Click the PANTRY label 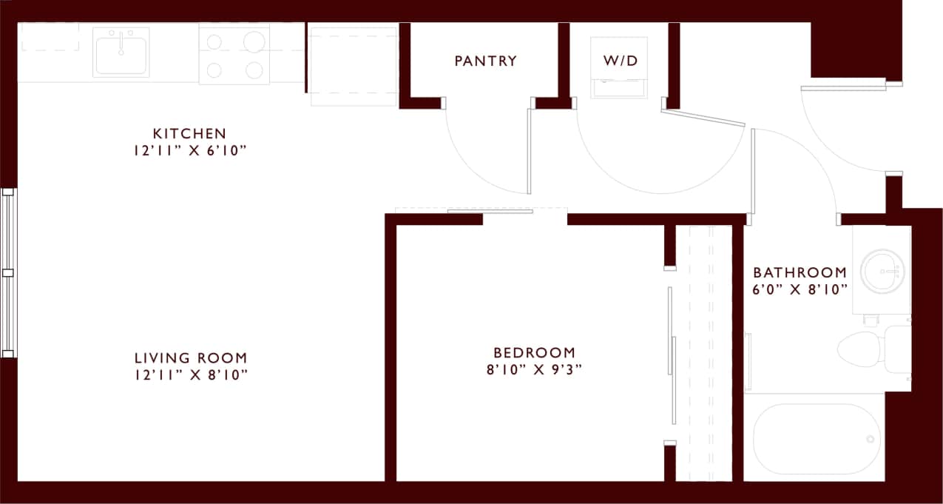pos(485,61)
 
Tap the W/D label pos(620,61)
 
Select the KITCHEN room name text pos(189,134)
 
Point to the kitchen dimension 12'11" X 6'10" pos(189,151)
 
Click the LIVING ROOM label pos(190,358)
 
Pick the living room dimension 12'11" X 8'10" pos(190,375)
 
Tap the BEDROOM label pos(534,353)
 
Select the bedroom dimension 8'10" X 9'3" pos(534,370)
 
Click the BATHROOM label pos(800,272)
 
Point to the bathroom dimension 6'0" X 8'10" pos(800,289)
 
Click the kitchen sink pos(121,52)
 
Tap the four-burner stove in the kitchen pos(234,54)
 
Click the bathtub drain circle pos(871,439)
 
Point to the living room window pos(8,272)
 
